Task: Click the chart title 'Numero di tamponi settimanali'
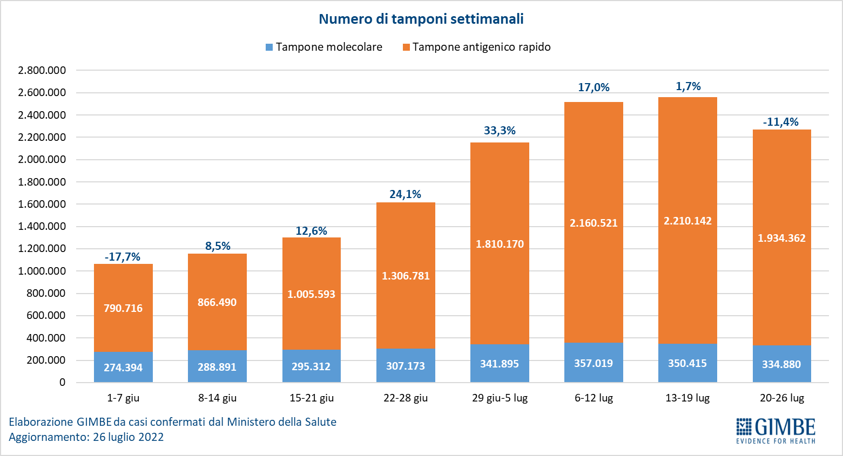(421, 19)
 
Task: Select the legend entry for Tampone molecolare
(324, 47)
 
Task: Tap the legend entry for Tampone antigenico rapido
(477, 47)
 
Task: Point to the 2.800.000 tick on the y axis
(42, 70)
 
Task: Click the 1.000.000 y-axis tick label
(42, 271)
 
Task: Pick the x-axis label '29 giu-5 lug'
(500, 398)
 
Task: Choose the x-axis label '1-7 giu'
(123, 398)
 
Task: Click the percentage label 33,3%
(500, 131)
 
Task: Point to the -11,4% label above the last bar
(781, 122)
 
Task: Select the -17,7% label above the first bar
(123, 257)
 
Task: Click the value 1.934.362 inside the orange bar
(781, 238)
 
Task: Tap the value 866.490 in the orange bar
(217, 302)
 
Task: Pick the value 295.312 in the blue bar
(311, 366)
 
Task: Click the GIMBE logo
(775, 430)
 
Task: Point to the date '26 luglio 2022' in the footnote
(128, 437)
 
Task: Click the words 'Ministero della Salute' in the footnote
(281, 422)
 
